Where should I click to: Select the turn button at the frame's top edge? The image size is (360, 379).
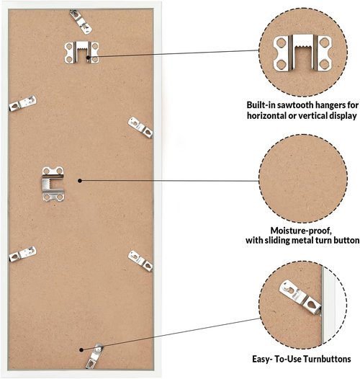pos(81,22)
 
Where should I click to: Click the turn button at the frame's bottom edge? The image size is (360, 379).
pos(94,356)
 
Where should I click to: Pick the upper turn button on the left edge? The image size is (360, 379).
pos(23,103)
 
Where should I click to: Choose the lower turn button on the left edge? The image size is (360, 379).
pos(23,254)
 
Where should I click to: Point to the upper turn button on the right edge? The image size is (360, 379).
pos(140,128)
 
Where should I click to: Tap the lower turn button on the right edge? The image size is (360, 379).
pos(140,261)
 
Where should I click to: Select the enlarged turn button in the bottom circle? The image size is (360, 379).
pos(300,297)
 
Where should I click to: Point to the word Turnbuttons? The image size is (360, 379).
pos(327,359)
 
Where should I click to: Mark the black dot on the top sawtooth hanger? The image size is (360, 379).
pos(88,58)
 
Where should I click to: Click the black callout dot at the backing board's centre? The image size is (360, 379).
pos(80,181)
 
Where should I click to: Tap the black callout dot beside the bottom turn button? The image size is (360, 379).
pos(81,349)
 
